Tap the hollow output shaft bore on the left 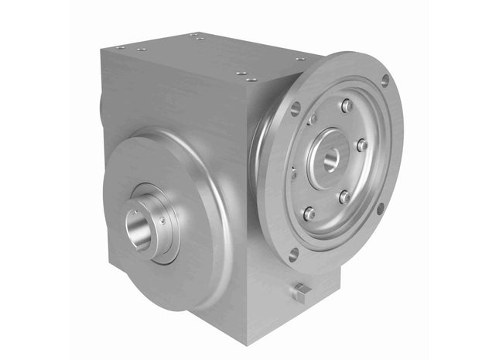tap(138, 230)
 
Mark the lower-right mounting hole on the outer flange tap(380, 208)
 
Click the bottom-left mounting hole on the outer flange tap(292, 252)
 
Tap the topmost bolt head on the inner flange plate tap(347, 105)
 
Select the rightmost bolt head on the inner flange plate tap(361, 145)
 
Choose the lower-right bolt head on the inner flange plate tap(344, 197)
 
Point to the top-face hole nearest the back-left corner tap(121, 46)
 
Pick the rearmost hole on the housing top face tap(199, 35)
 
